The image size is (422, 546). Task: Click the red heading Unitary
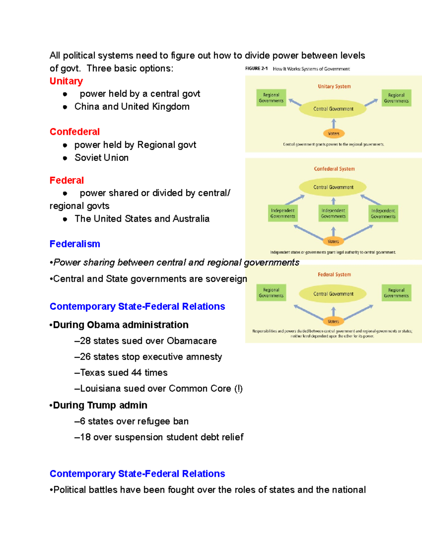click(66, 81)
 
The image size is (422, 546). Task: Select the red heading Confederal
click(75, 132)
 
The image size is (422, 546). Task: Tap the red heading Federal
click(66, 180)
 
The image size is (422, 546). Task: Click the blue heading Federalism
click(75, 244)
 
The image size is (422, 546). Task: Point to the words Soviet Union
click(101, 158)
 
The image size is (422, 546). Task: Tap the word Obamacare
click(192, 341)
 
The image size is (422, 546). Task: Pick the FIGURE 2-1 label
click(256, 69)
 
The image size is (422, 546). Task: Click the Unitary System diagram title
click(334, 86)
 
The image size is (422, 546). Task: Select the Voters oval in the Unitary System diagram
click(333, 134)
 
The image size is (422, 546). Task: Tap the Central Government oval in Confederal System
click(333, 187)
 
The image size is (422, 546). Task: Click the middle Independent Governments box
click(333, 213)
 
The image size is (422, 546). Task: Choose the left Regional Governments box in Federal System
click(271, 293)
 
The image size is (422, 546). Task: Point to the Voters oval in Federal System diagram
click(333, 321)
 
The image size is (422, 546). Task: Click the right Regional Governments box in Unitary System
click(396, 98)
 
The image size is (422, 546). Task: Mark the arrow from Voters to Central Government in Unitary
click(333, 123)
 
